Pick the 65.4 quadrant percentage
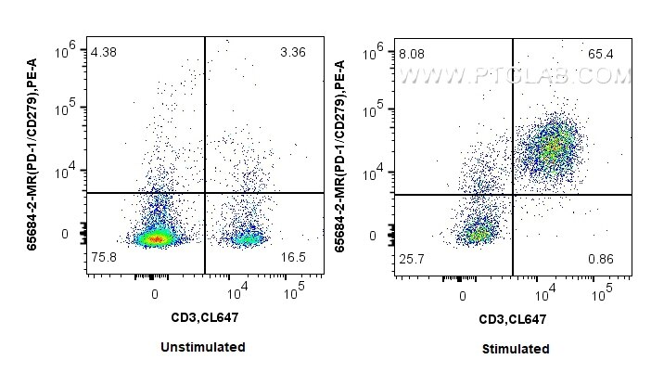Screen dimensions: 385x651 click(x=599, y=55)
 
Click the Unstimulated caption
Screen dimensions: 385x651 click(x=203, y=347)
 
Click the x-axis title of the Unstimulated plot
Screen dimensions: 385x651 click(x=203, y=318)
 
